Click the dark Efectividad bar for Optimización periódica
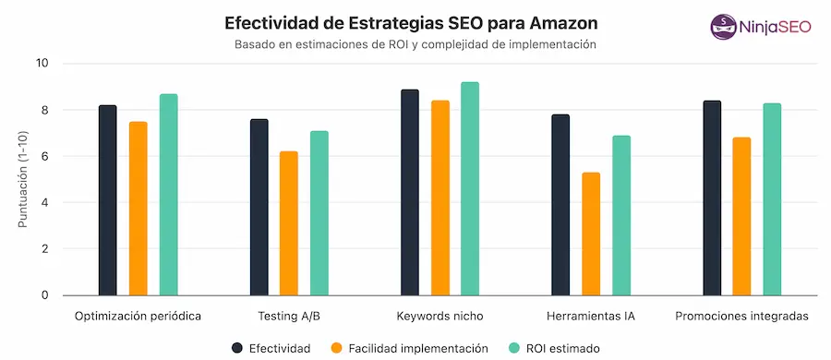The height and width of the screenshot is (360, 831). (x=108, y=200)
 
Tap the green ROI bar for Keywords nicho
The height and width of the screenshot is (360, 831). (x=470, y=189)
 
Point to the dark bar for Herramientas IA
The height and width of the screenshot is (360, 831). (x=560, y=205)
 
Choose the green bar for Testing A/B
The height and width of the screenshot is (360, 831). (x=319, y=213)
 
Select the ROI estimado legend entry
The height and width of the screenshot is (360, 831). (x=554, y=348)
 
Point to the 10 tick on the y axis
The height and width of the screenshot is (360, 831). (x=42, y=64)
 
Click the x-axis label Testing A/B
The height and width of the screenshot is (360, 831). (x=289, y=316)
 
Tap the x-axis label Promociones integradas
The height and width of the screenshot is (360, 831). (x=741, y=316)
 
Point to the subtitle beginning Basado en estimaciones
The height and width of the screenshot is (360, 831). (x=415, y=44)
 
